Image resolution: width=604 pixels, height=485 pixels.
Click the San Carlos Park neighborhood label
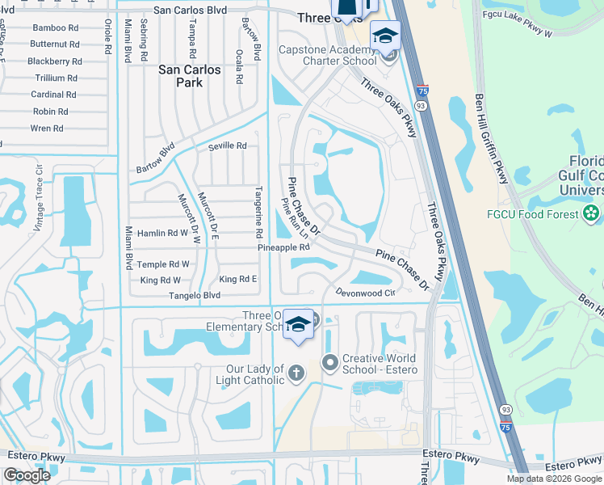[189, 76]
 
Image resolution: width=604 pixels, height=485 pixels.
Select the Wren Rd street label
[46, 129]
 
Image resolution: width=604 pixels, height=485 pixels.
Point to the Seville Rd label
[226, 146]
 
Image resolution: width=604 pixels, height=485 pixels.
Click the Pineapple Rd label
[283, 247]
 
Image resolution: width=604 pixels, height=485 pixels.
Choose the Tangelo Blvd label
[193, 296]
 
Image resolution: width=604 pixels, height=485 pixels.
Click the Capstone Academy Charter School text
[328, 53]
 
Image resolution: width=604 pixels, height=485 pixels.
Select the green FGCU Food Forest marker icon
[592, 214]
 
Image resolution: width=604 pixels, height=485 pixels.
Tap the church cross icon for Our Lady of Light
[296, 373]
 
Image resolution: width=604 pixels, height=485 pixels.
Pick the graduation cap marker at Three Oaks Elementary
[299, 324]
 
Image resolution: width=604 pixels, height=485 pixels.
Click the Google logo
[27, 475]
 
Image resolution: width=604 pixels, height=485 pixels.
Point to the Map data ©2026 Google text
[553, 479]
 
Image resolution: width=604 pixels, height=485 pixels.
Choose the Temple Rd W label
[163, 264]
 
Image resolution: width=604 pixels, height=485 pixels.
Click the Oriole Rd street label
[107, 36]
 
